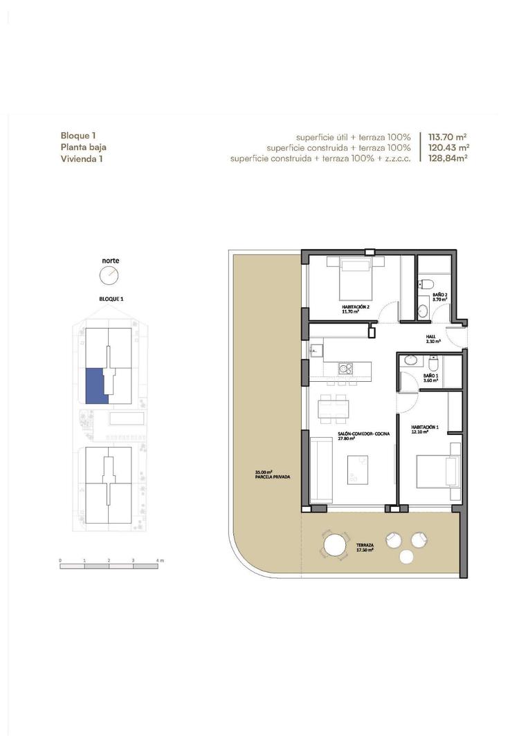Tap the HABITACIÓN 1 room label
[424, 427]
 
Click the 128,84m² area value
[448, 158]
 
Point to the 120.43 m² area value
[448, 148]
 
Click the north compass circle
[109, 276]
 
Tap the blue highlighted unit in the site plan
[95, 385]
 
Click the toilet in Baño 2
[427, 284]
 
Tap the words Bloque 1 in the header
[78, 136]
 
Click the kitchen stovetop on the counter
[345, 369]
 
